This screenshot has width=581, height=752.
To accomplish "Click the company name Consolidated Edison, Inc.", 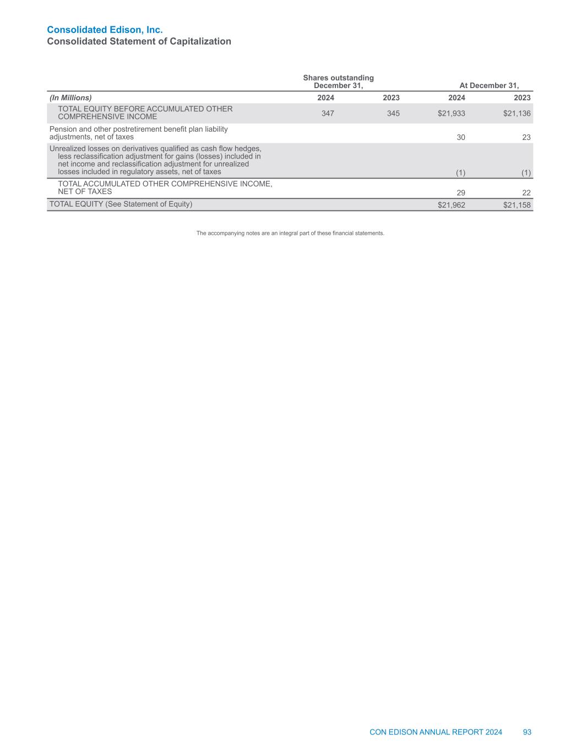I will [105, 29].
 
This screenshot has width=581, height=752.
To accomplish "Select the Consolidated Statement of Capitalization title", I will [139, 41].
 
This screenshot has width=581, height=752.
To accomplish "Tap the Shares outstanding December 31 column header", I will [338, 82].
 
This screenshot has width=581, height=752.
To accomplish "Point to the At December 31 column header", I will [489, 85].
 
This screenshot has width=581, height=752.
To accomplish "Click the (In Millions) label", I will [70, 98].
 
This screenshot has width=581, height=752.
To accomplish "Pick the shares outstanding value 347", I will [328, 113].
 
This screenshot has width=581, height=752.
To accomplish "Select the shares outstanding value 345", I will [393, 113].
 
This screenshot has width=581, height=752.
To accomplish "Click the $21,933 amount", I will [452, 113].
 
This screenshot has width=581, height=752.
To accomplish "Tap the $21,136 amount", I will [517, 113].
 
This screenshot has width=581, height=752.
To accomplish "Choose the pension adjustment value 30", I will [461, 137].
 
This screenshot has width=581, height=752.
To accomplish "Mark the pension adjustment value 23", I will [526, 137].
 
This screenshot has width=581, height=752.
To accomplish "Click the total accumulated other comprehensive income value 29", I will [461, 192].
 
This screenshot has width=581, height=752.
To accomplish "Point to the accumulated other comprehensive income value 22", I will [526, 192].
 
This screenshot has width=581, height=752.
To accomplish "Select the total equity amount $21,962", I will [452, 205].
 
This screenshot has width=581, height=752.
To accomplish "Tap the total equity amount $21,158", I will [517, 205].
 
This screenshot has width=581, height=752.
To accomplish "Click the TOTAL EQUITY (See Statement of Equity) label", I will [121, 204].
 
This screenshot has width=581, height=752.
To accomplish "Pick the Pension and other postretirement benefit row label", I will [138, 133].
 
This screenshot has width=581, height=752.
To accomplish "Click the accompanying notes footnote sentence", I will [290, 233].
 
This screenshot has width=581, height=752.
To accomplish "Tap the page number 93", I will [527, 732].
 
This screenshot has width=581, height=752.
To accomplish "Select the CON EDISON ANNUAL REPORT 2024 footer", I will [436, 732].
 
